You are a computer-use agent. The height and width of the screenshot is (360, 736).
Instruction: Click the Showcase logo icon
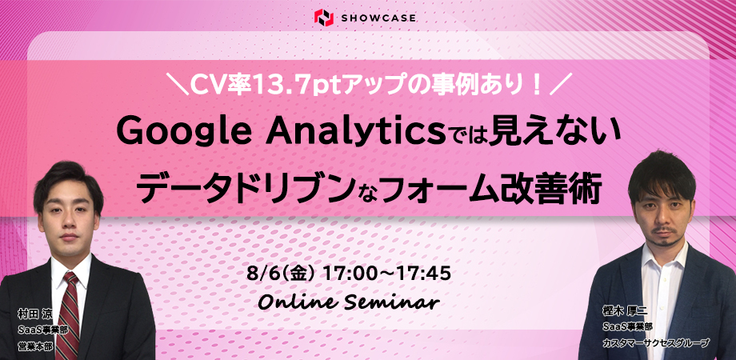click(324, 18)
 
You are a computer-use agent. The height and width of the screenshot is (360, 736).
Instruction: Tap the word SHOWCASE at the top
click(377, 18)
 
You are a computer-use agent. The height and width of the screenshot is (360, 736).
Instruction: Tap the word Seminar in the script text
click(393, 302)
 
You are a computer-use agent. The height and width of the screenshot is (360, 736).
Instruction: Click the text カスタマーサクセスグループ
click(656, 343)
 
